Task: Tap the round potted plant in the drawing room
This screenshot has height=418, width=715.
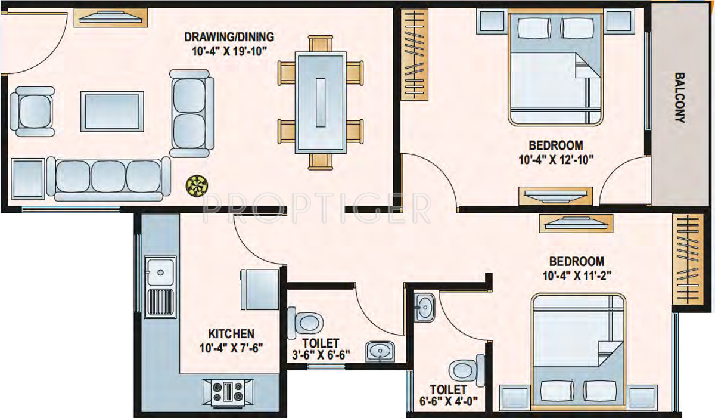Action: click(195, 186)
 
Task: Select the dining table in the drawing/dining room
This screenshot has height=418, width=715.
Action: click(321, 103)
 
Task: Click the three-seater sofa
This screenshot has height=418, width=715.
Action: click(108, 178)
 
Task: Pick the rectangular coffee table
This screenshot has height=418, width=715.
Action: click(112, 111)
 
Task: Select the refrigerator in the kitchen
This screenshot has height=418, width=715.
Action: click(260, 287)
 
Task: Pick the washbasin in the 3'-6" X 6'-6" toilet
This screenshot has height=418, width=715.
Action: click(380, 351)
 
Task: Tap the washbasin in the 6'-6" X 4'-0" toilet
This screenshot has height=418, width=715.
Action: click(425, 308)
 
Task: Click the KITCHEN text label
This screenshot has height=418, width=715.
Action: click(231, 333)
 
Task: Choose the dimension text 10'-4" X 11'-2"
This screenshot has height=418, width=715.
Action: click(576, 275)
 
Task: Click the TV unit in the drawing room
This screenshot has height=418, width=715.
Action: click(111, 18)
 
